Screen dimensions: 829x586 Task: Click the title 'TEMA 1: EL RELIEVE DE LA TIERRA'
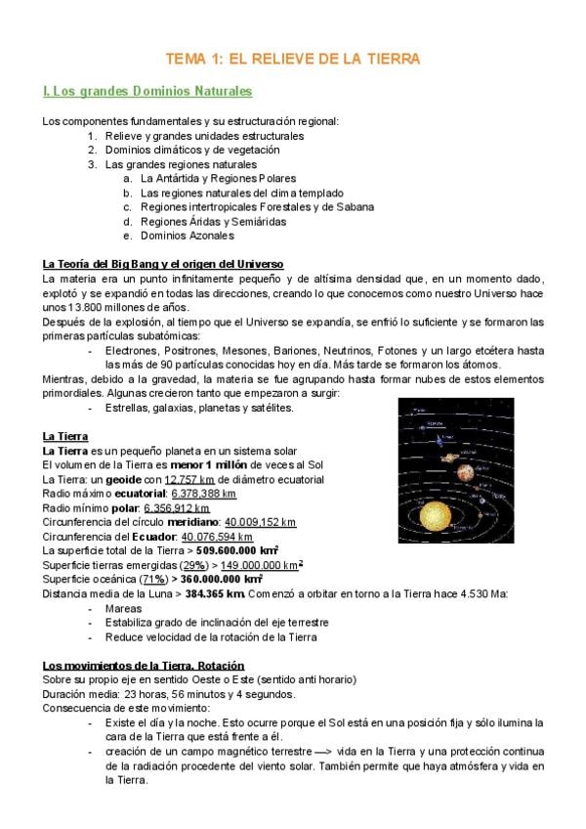(x=293, y=59)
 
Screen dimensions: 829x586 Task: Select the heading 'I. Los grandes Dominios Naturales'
(x=147, y=92)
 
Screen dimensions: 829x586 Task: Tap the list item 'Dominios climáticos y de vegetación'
(x=192, y=150)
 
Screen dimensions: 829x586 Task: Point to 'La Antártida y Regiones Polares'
(x=218, y=179)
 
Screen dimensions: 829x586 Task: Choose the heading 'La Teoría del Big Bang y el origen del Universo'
(x=163, y=264)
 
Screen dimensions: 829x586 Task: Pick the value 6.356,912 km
(x=176, y=508)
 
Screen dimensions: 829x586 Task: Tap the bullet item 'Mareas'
(x=123, y=607)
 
